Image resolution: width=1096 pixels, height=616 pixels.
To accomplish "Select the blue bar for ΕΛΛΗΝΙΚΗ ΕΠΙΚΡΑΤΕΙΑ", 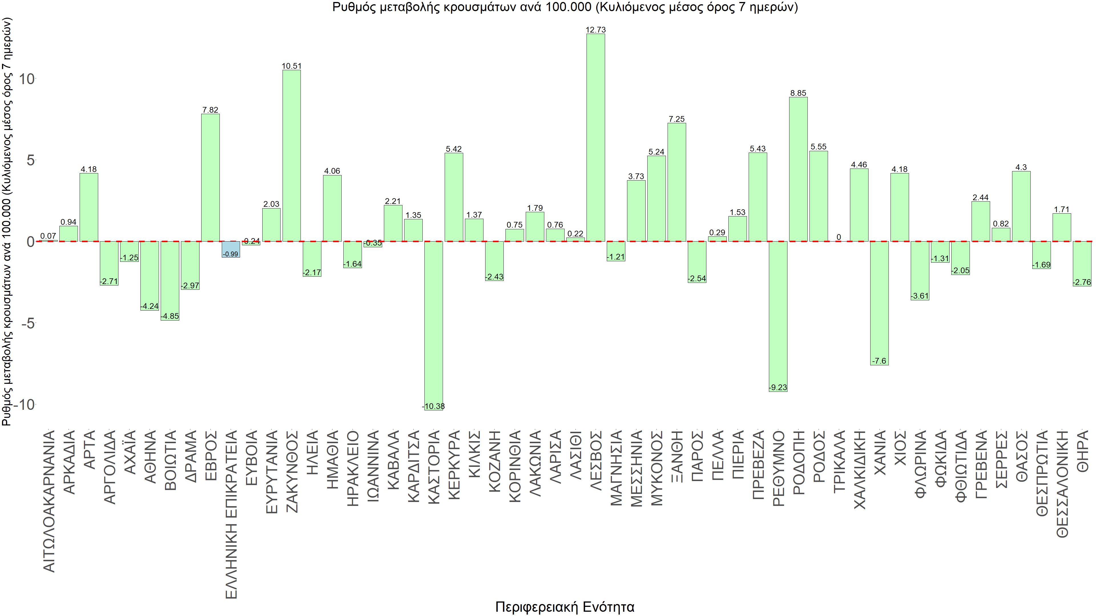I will click(x=231, y=249).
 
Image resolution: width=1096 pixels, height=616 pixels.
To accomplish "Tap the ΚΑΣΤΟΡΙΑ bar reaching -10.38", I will click(x=434, y=325).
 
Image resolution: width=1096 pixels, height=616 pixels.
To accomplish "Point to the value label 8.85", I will click(x=798, y=93).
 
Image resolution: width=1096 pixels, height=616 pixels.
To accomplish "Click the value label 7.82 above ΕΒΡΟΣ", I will click(x=210, y=110).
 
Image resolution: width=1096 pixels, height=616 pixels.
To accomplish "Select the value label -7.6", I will click(x=879, y=361).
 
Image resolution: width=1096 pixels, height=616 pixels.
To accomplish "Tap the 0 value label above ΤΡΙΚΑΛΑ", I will click(x=839, y=237).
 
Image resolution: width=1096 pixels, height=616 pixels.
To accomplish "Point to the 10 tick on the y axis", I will click(x=26, y=79).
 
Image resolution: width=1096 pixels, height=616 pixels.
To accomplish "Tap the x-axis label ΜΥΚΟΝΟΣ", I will click(x=657, y=468).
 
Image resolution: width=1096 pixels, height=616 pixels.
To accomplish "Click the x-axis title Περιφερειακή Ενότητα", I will click(x=564, y=607).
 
